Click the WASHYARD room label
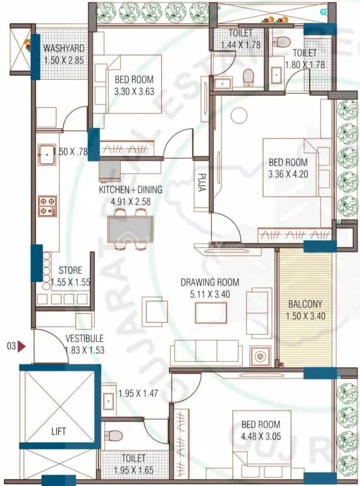click(63, 49)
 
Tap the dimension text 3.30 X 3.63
click(134, 91)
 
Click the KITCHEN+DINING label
click(130, 189)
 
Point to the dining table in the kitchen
click(130, 228)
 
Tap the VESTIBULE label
click(84, 339)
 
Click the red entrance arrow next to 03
click(22, 346)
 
